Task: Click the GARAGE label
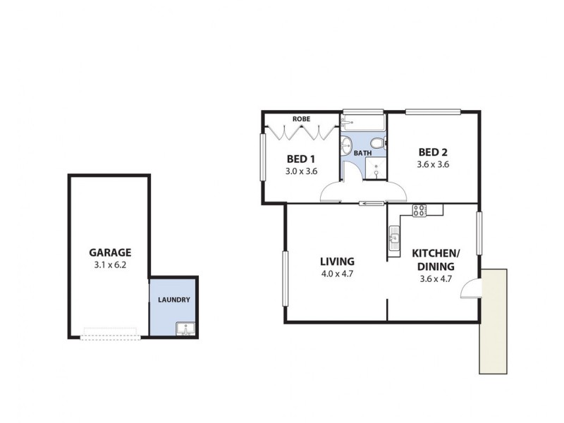tap(110, 252)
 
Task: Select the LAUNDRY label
tap(173, 300)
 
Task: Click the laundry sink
tap(185, 329)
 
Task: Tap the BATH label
tap(362, 153)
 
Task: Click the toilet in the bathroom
tap(377, 144)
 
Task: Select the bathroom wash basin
tap(345, 145)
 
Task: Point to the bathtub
tap(363, 122)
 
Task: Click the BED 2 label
tap(433, 152)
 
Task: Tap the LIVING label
tap(336, 261)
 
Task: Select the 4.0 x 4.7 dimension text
tap(336, 274)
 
